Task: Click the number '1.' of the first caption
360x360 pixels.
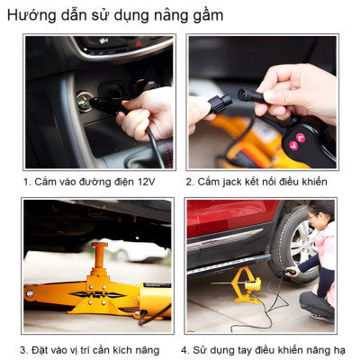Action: point(27,181)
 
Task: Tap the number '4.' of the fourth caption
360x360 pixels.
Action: point(184,349)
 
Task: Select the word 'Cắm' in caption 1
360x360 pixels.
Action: point(46,181)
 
